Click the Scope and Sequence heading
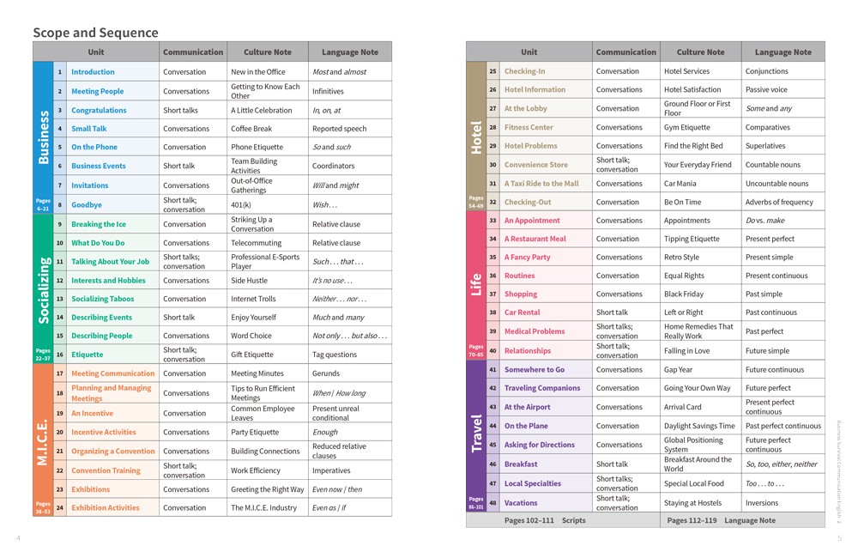pyautogui.click(x=95, y=33)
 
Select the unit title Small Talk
pyautogui.click(x=89, y=129)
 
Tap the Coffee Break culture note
pyautogui.click(x=251, y=129)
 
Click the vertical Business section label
pyautogui.click(x=43, y=136)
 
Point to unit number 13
pyautogui.click(x=60, y=299)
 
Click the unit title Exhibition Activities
pyautogui.click(x=105, y=507)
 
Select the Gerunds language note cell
pyautogui.click(x=327, y=373)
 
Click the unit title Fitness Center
pyautogui.click(x=529, y=127)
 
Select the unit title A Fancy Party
pyautogui.click(x=527, y=257)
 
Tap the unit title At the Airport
pyautogui.click(x=527, y=407)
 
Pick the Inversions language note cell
pyautogui.click(x=762, y=503)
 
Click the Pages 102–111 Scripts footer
pyautogui.click(x=545, y=520)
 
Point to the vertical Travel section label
pyautogui.click(x=476, y=433)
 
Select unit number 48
pyautogui.click(x=493, y=503)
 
